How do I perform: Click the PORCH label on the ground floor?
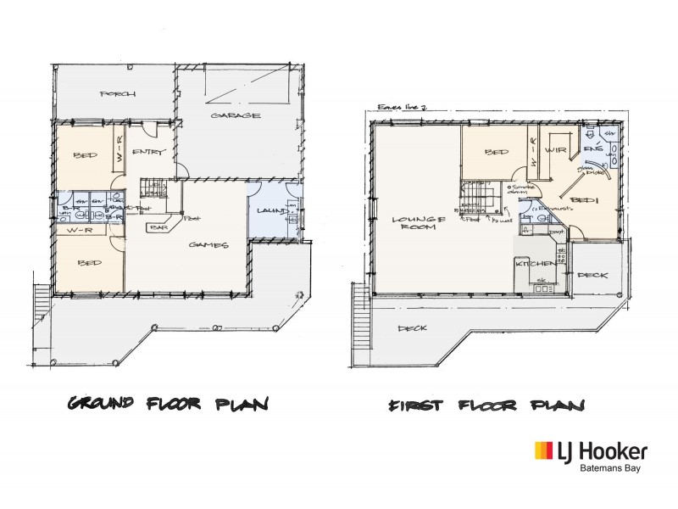(x=117, y=93)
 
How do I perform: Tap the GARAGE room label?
(x=236, y=115)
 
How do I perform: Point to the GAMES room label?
(x=208, y=245)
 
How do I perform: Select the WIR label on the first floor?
(x=555, y=151)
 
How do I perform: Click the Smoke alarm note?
(x=520, y=190)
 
